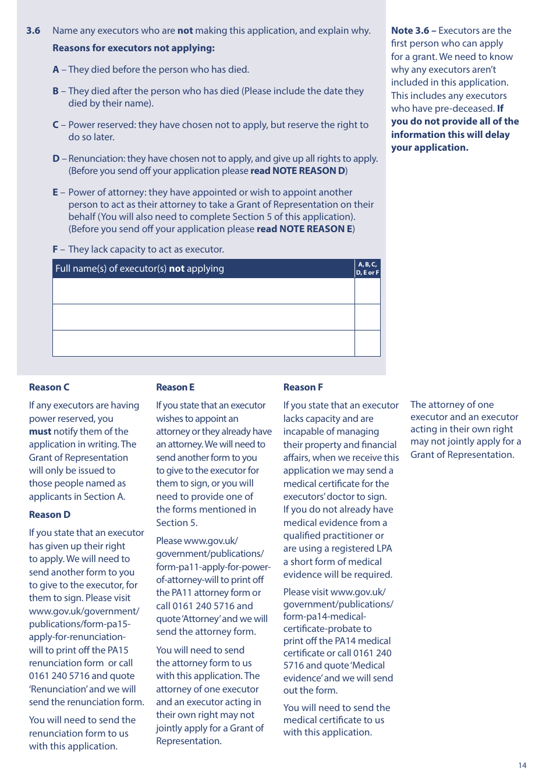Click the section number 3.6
click(33, 31)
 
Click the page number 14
click(522, 765)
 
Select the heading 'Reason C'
click(49, 388)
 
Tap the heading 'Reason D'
click(49, 515)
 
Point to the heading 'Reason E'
click(175, 388)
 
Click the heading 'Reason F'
click(303, 388)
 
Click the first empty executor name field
click(203, 291)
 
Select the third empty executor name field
click(203, 343)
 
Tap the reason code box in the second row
click(367, 317)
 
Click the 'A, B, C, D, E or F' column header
click(367, 268)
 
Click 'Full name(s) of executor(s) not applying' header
click(140, 269)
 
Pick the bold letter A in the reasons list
click(56, 70)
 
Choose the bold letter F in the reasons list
click(55, 250)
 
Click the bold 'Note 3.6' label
click(410, 31)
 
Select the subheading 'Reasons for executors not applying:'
click(133, 48)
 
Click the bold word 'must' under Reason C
click(40, 432)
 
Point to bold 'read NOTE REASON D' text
click(297, 171)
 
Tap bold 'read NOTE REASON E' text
click(304, 229)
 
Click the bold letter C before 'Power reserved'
click(56, 125)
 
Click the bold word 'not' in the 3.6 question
click(185, 31)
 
